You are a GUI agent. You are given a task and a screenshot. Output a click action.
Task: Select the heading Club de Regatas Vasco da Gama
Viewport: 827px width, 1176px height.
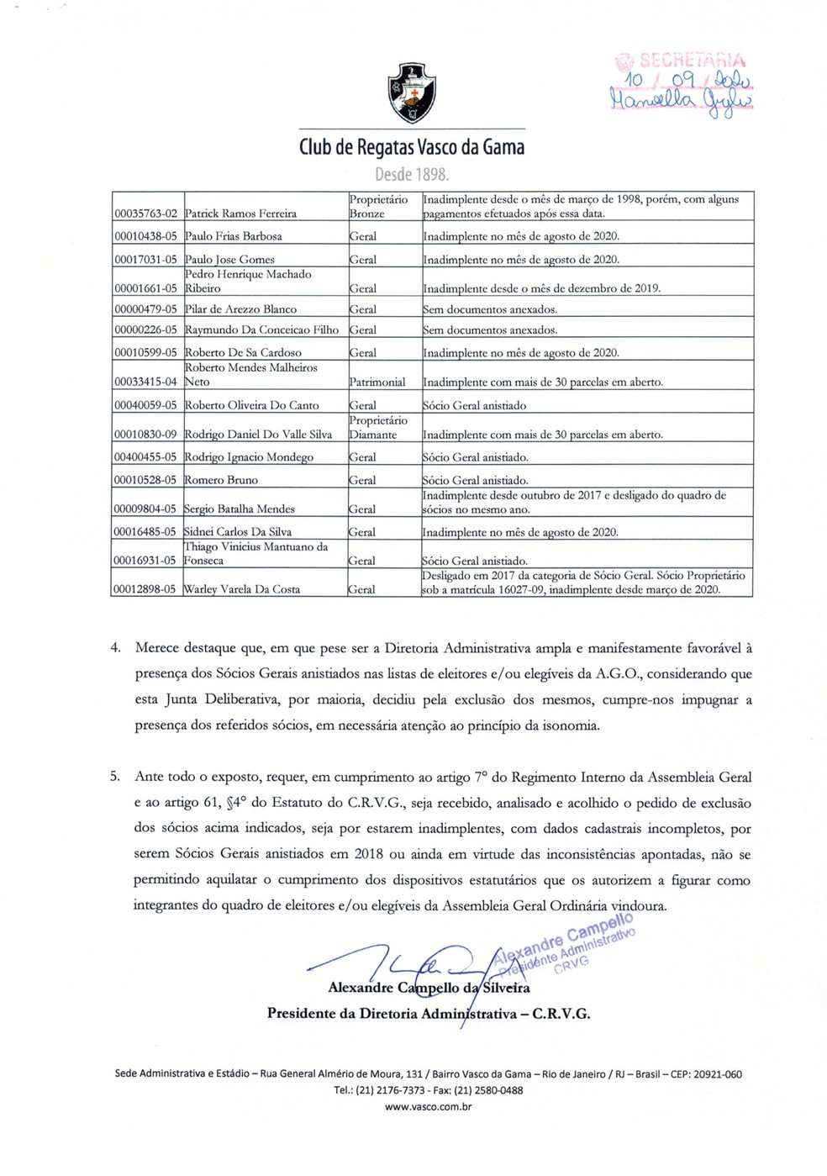point(412,148)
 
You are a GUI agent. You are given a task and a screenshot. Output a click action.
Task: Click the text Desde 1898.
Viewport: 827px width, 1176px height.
point(412,175)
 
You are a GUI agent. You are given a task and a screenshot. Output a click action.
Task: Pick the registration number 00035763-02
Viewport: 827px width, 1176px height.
point(146,214)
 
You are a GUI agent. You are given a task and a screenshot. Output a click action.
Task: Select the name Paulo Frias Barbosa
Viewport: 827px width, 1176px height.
point(234,236)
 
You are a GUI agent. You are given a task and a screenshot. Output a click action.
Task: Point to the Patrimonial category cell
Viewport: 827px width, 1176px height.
point(377,382)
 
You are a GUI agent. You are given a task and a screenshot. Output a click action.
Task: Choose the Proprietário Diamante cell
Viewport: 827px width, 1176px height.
point(379,427)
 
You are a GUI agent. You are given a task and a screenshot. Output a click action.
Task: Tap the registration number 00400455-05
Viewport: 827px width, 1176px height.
point(146,457)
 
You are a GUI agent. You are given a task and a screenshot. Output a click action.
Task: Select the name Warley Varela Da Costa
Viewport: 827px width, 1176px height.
point(242,589)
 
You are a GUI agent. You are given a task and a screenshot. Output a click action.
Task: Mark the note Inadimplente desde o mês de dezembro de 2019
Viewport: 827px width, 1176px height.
point(542,288)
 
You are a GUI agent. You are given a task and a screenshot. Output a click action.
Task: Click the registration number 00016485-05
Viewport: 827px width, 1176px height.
point(146,532)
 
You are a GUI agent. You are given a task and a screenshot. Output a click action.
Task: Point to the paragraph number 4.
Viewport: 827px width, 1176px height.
point(116,648)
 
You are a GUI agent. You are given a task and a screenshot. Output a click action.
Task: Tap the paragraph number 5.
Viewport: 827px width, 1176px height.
point(116,778)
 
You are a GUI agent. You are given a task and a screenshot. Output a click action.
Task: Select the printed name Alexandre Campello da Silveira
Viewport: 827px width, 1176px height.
point(429,989)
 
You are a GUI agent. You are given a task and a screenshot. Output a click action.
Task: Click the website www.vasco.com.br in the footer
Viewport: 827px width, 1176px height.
point(428,1107)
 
